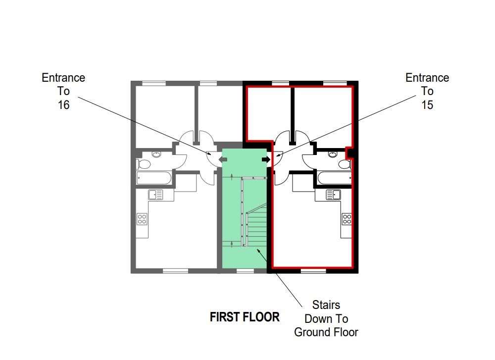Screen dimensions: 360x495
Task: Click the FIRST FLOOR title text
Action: pos(245,317)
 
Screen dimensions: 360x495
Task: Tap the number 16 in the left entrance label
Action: pos(63,105)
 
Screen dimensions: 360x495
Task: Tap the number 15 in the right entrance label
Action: pos(427,105)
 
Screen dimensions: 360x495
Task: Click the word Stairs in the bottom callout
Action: pos(326,305)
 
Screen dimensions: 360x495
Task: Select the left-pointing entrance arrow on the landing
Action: pos(222,159)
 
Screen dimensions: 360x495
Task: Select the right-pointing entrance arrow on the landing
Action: pos(265,159)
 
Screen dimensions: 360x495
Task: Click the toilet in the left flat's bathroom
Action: pos(144,163)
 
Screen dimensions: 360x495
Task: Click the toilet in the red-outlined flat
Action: pos(345,163)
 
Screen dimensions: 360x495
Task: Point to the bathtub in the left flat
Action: pos(154,178)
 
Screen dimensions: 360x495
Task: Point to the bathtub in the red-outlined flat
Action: pos(335,178)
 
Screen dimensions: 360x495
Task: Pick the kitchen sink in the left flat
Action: pos(156,195)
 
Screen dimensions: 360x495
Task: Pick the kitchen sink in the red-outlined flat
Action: pos(333,195)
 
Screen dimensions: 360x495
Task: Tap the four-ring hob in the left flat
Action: pos(142,218)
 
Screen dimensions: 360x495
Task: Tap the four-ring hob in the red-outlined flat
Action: pos(347,218)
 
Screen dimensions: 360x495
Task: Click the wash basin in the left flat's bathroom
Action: pos(156,154)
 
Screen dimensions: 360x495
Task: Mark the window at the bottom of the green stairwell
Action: pos(244,271)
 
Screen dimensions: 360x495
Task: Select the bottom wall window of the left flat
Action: pos(176,271)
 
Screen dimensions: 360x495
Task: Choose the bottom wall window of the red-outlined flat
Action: pos(313,271)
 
